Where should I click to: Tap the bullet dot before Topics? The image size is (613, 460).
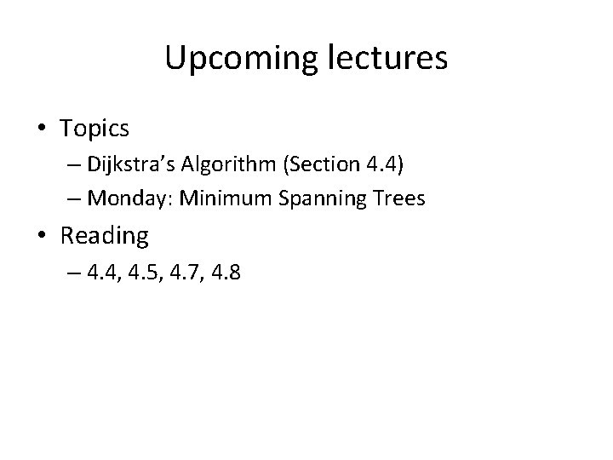click(42, 129)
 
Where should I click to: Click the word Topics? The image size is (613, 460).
click(95, 129)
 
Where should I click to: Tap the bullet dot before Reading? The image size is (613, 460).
click(42, 234)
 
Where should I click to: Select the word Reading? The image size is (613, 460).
click(104, 235)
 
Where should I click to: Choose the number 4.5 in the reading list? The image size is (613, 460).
click(140, 274)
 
